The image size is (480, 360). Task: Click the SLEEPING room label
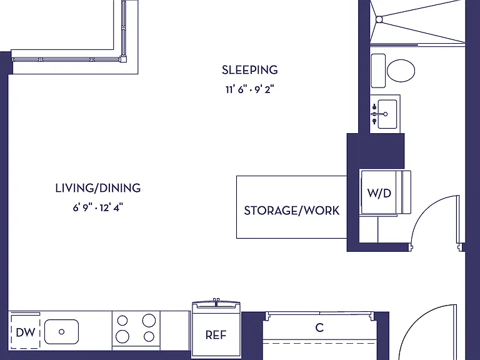250,70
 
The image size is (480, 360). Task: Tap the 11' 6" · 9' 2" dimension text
249,90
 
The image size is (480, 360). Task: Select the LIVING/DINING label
98,188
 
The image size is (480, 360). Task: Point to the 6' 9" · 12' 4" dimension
97,208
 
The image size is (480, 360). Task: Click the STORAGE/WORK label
292,211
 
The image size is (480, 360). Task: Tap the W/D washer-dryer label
379,193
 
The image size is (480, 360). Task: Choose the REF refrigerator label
216,335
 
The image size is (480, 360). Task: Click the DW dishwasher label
26,332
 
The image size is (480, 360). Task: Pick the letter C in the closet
319,327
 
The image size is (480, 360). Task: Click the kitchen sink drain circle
61,331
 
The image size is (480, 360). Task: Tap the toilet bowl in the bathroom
401,71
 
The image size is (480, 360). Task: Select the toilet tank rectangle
378,71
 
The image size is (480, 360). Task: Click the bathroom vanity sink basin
387,114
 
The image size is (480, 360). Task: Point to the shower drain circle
379,19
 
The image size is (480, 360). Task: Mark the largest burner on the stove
149,321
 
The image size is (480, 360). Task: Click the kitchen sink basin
61,332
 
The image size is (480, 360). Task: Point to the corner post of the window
123,59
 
